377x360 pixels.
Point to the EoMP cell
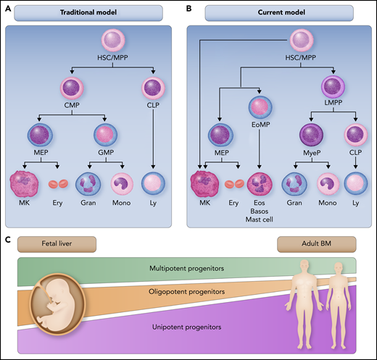coord(262,106)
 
